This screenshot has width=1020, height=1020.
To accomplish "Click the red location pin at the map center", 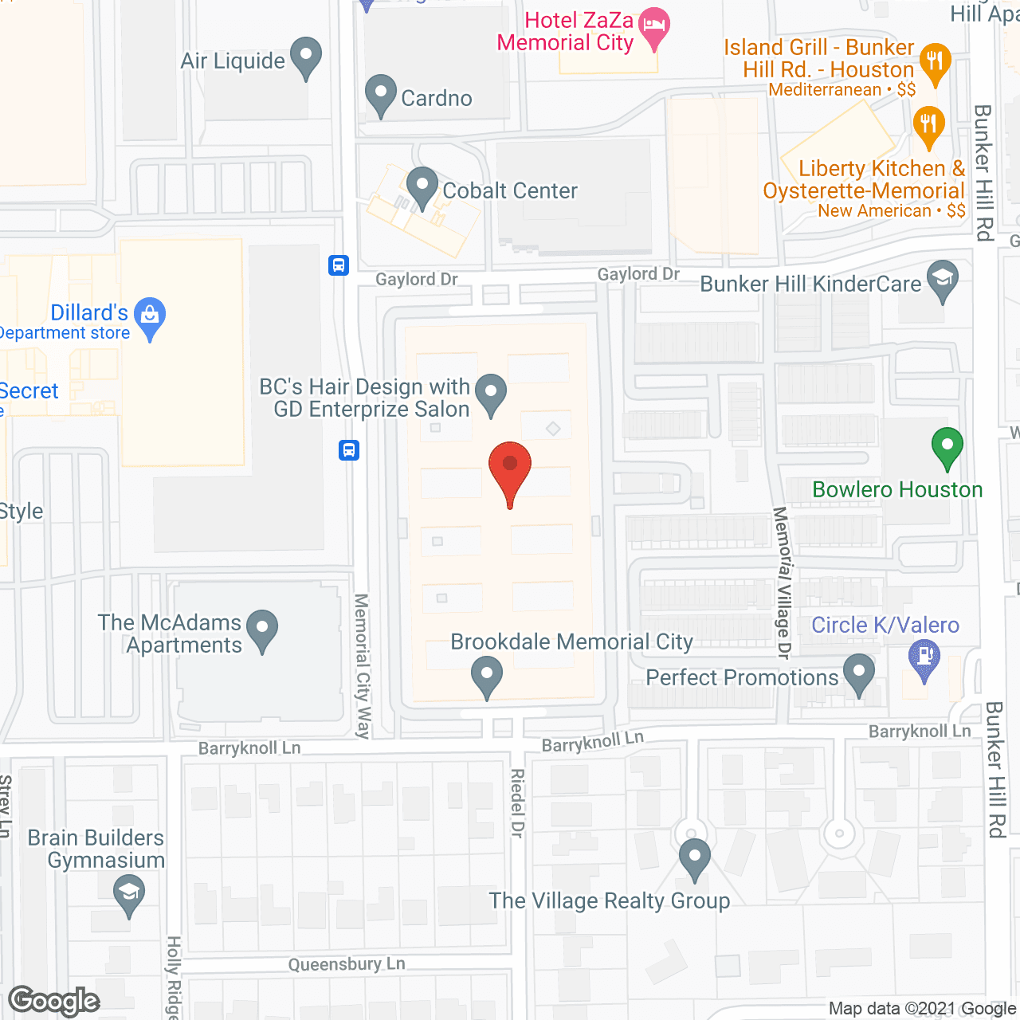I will [x=510, y=470].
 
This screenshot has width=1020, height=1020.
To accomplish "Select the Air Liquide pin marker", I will [x=305, y=57].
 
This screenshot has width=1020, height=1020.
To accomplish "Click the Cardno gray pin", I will [x=381, y=94].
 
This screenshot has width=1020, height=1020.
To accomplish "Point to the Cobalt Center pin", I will [x=422, y=187].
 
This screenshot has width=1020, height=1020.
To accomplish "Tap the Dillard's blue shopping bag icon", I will [x=150, y=316].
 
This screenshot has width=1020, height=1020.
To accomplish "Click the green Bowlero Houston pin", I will [x=947, y=447].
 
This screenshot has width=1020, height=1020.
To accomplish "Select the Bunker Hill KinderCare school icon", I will [x=943, y=280].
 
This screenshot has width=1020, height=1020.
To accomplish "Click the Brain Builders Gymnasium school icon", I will [x=128, y=893].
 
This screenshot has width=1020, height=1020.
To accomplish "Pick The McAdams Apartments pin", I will [x=262, y=630].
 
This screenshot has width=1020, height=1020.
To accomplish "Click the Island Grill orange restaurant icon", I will [x=935, y=62].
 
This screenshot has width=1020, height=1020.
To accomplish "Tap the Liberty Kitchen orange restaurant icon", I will [x=928, y=126].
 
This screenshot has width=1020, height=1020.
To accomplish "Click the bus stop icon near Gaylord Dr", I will [x=339, y=265].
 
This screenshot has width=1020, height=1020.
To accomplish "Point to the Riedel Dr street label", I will [x=517, y=803].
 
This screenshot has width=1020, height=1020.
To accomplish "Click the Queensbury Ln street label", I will [x=347, y=964].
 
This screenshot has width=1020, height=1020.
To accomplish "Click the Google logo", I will [x=54, y=1001].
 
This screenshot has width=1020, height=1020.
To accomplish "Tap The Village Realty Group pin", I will [x=695, y=858].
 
